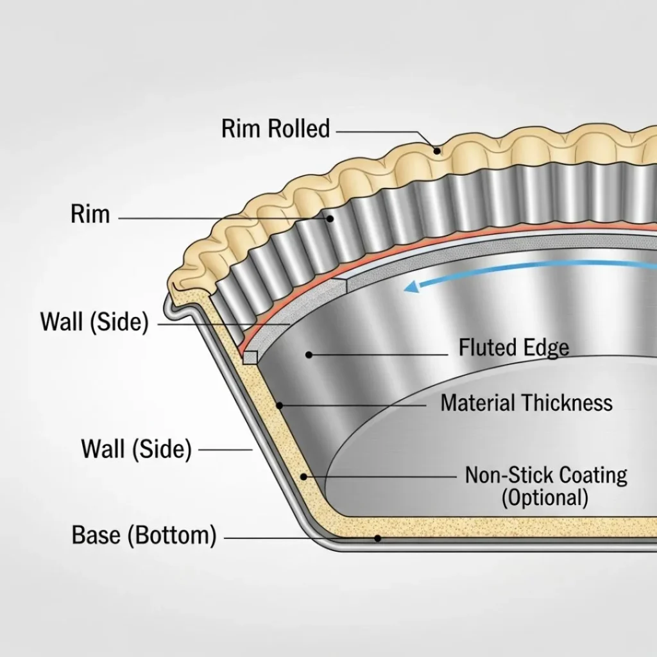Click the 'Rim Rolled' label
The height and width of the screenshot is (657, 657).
pos(275,129)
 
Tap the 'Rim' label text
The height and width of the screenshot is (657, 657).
pos(90,214)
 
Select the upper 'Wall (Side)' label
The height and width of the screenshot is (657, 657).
pos(94,321)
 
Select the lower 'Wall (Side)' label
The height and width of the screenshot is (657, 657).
pos(136,448)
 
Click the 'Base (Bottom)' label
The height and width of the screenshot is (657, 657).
pos(144,535)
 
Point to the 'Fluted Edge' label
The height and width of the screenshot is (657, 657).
pos(513,348)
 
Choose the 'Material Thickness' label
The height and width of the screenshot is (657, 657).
pos(526,403)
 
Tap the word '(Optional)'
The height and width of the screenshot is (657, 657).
pos(545,498)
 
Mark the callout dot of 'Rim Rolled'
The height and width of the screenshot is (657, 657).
pos(437,151)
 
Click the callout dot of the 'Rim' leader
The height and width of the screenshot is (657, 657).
pos(330,218)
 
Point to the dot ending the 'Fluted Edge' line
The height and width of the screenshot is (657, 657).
pos(309,354)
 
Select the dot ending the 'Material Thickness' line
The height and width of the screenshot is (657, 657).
pos(280,405)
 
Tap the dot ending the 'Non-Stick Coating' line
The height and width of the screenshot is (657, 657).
pos(304,477)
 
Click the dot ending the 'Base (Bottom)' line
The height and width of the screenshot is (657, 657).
pos(378,538)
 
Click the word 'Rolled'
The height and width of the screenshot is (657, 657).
pos(299,129)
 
